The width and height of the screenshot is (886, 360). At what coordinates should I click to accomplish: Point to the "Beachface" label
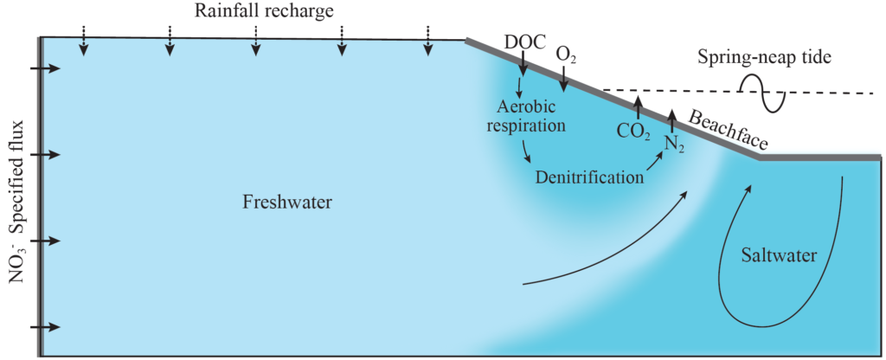[728, 129]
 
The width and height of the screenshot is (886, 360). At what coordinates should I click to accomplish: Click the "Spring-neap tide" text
[764, 59]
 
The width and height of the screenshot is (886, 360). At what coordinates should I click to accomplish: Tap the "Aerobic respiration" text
[531, 116]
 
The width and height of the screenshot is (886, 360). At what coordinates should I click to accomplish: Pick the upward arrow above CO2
[638, 106]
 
